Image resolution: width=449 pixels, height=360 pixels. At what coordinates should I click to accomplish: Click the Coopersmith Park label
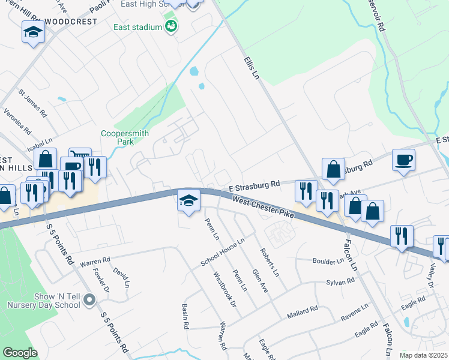tap(124, 138)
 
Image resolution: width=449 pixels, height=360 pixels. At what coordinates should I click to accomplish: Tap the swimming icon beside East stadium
tap(172, 26)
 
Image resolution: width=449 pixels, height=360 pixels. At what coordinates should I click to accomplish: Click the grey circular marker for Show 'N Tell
tap(90, 299)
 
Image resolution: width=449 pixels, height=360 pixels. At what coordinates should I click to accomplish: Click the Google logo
tap(20, 353)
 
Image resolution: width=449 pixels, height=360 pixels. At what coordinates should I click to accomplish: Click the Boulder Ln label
tap(328, 260)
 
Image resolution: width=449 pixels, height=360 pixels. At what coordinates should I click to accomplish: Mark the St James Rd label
tap(32, 103)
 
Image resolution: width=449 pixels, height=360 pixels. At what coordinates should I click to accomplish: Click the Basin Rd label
tap(185, 316)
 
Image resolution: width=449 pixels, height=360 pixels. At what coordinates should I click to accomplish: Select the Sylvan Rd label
tap(340, 281)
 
